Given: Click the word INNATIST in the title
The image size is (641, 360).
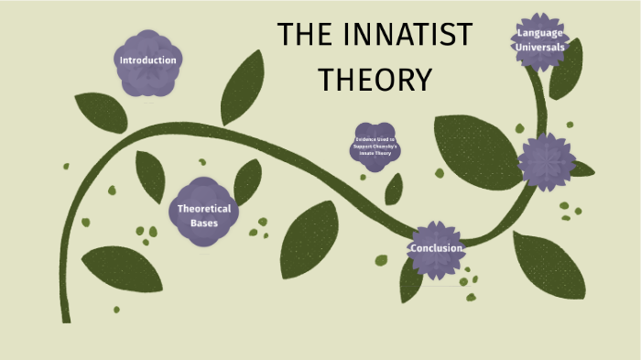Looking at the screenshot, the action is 409,35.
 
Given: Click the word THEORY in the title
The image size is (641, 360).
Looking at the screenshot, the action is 375,80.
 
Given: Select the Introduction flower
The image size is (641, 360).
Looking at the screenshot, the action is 147,61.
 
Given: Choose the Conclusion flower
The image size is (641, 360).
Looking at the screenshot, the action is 436,248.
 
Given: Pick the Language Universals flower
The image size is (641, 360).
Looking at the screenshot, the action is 540,40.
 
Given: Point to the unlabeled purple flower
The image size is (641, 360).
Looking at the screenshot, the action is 547,162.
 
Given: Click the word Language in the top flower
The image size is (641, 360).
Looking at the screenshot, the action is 540,33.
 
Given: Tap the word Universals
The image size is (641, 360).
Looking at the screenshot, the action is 540,48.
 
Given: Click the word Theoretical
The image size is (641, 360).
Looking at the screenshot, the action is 203,208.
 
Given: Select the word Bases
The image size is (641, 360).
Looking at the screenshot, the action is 203,223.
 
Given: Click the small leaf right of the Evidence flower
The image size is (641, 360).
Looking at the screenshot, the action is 394,190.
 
